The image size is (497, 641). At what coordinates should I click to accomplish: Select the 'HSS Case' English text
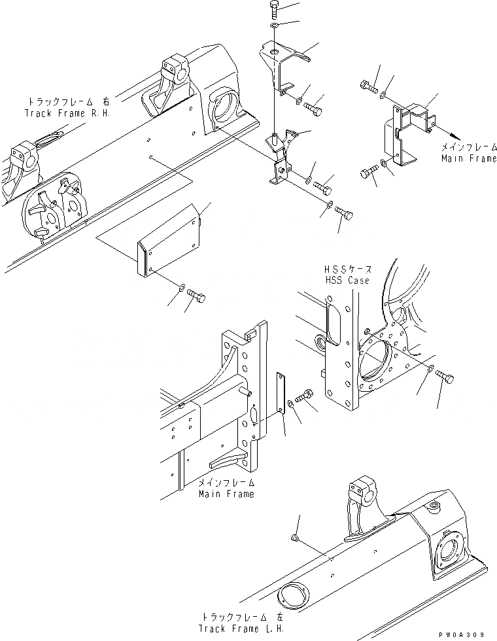click(347, 280)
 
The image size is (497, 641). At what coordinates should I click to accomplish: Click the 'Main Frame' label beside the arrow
click(468, 158)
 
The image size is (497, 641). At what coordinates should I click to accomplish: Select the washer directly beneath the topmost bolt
click(273, 26)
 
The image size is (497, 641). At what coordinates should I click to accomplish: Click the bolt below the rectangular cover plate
click(196, 298)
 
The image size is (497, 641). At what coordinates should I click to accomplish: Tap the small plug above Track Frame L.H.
click(296, 538)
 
